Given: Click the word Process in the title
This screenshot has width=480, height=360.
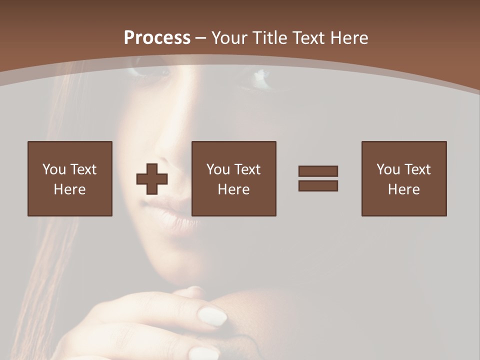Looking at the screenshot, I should pos(157,38).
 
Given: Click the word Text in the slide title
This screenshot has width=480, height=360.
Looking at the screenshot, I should pos(307,38).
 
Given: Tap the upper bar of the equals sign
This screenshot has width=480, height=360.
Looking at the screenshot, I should pos(318,171).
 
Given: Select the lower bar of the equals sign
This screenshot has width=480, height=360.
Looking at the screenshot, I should pos(318,186).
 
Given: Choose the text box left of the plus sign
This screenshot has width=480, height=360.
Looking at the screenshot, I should pos(70,178).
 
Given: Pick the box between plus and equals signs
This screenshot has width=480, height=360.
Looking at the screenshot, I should pos(234,178).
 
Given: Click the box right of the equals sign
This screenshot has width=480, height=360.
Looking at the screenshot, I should pos(404,178).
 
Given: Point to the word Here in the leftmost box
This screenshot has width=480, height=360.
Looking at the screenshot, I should pos(70,189).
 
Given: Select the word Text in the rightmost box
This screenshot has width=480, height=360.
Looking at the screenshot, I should pos(417,169).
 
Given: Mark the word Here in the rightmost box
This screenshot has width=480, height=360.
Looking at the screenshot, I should pos(404,189).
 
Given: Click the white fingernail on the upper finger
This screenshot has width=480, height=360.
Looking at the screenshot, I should pos(212,316).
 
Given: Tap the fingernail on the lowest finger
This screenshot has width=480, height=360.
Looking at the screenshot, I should pos(202,353).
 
